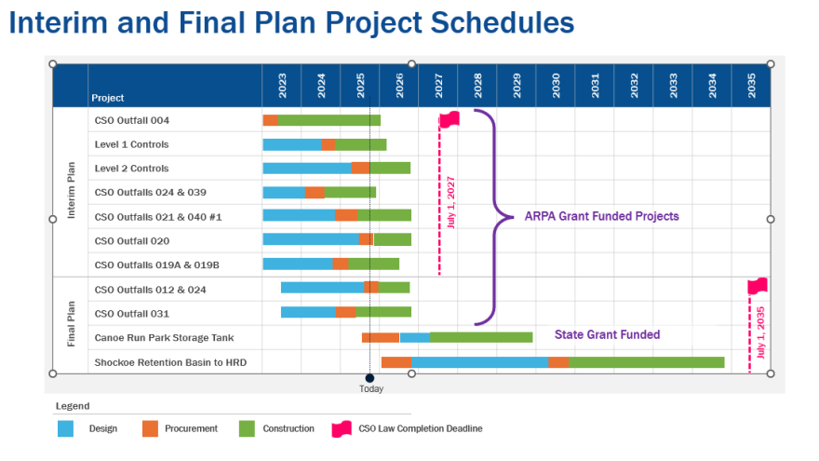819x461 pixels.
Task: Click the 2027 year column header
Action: pyautogui.click(x=437, y=86)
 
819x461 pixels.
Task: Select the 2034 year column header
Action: pyautogui.click(x=711, y=86)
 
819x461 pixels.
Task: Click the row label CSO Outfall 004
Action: pyautogui.click(x=132, y=120)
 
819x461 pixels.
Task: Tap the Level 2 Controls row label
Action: pyautogui.click(x=132, y=169)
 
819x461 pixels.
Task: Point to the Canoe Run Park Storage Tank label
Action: pyautogui.click(x=164, y=337)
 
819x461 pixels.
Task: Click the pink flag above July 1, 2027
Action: pyautogui.click(x=450, y=119)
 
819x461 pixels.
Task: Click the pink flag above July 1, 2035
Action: pyautogui.click(x=758, y=286)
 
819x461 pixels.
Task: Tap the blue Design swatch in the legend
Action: pyautogui.click(x=66, y=428)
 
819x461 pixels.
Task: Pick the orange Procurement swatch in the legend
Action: pyautogui.click(x=151, y=428)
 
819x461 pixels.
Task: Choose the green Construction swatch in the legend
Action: pyautogui.click(x=247, y=428)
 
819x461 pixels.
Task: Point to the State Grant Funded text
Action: pyautogui.click(x=607, y=334)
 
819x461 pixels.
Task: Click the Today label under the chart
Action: pyautogui.click(x=370, y=389)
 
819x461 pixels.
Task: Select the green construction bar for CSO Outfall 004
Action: pyautogui.click(x=329, y=120)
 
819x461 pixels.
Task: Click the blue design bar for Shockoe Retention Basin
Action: pyautogui.click(x=479, y=362)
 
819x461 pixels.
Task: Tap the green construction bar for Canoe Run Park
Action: pyautogui.click(x=481, y=337)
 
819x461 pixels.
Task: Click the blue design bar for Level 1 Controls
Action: pyautogui.click(x=292, y=144)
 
